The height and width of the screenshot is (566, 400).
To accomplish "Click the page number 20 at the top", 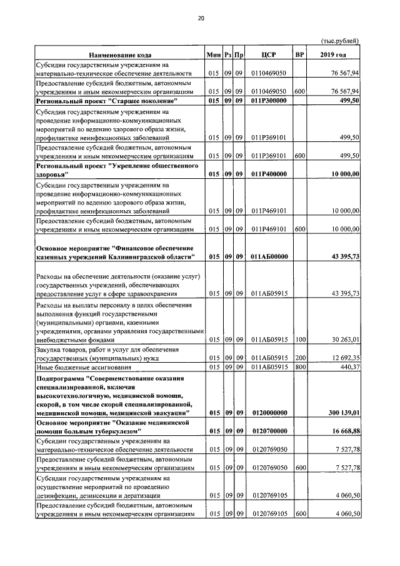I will click(x=201, y=18).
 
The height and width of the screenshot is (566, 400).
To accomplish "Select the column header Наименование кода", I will click(x=119, y=55).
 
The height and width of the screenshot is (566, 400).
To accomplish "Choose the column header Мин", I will click(x=214, y=55).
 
